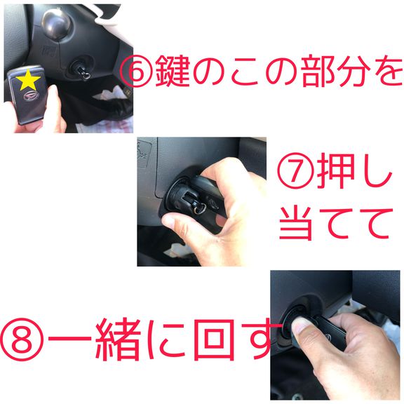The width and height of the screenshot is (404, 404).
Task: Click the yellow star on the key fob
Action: (x=28, y=80)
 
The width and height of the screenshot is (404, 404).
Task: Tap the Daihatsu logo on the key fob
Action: (x=31, y=96)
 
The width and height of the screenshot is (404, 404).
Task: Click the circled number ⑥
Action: (x=136, y=71)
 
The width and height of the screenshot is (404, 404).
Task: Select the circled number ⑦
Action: (x=295, y=170)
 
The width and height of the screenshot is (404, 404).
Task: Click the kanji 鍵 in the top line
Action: (x=173, y=71)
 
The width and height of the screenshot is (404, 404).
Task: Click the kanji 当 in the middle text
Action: (x=296, y=223)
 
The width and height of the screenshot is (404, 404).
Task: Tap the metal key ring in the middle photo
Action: (x=200, y=209)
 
